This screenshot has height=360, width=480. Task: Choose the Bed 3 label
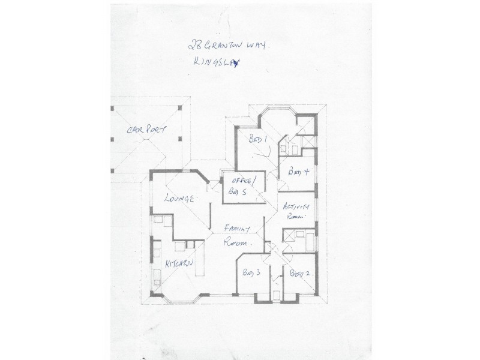[250, 273]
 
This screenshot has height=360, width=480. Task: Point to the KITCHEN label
[179, 264]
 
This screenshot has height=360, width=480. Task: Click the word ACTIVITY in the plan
[296, 208]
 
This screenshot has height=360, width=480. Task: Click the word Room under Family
[236, 244]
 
